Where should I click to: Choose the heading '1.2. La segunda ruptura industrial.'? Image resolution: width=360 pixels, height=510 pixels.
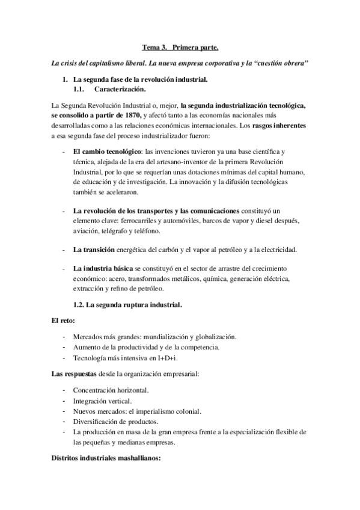tap(127, 305)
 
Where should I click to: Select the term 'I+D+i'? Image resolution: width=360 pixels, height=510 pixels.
tap(173, 359)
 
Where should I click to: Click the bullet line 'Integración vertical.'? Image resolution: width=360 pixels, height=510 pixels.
tap(102, 401)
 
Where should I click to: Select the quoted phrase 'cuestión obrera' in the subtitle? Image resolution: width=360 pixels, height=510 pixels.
tap(282, 63)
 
